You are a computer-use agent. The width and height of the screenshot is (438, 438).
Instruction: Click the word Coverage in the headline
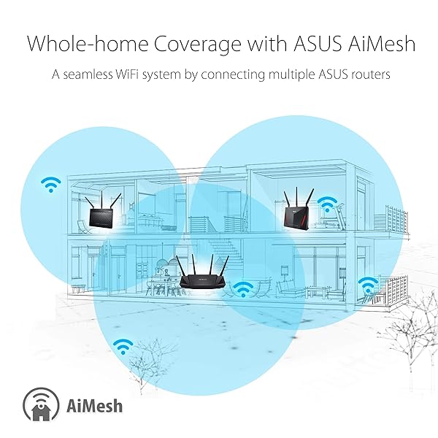(197, 44)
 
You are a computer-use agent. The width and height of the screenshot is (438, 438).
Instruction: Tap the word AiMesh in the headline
(382, 43)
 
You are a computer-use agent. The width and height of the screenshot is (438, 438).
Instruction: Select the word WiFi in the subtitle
(126, 74)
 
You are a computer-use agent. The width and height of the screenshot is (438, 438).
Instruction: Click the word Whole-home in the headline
(88, 43)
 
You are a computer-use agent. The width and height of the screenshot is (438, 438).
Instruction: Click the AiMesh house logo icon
(41, 405)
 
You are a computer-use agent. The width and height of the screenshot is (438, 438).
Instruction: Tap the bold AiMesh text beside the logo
(94, 406)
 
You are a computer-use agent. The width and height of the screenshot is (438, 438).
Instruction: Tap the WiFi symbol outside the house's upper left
(51, 185)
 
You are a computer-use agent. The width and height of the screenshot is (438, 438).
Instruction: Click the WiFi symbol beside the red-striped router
(327, 204)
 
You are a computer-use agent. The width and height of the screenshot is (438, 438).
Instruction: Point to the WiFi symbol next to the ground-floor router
(243, 289)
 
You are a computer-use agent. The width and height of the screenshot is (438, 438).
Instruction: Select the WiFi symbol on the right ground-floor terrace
(368, 285)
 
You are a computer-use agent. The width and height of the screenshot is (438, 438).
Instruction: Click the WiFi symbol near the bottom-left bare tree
(123, 347)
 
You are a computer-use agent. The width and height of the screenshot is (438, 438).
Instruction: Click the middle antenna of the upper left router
(102, 199)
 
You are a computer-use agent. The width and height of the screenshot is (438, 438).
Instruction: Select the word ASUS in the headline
(318, 44)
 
